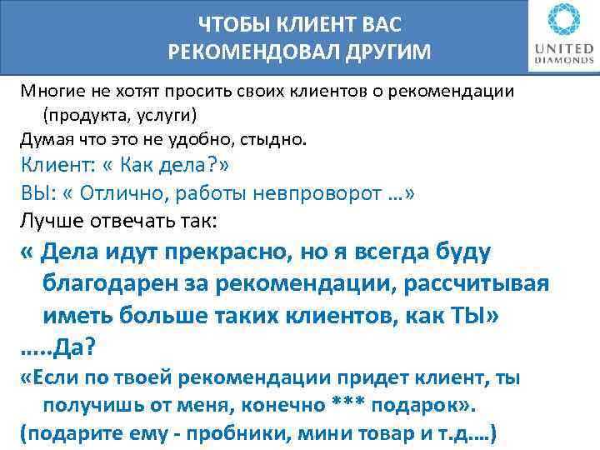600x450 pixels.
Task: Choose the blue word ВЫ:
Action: (37, 194)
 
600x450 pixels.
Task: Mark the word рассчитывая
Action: (476, 282)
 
